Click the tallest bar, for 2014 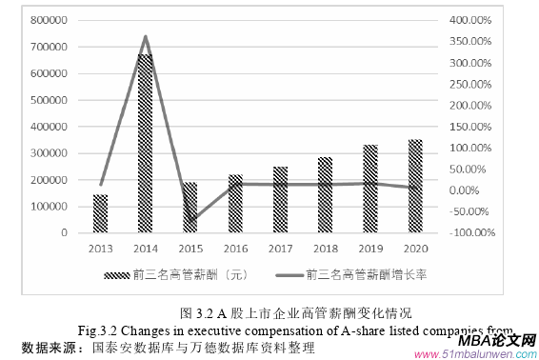pyautogui.click(x=145, y=143)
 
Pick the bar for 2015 pyautogui.click(x=190, y=208)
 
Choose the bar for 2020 pyautogui.click(x=414, y=187)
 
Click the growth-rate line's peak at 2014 pyautogui.click(x=145, y=36)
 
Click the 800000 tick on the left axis pyautogui.click(x=49, y=20)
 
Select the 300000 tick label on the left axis pyautogui.click(x=49, y=153)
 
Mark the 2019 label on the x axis pyautogui.click(x=369, y=247)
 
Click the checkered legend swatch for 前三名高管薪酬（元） pyautogui.click(x=116, y=276)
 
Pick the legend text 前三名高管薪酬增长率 pyautogui.click(x=366, y=276)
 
